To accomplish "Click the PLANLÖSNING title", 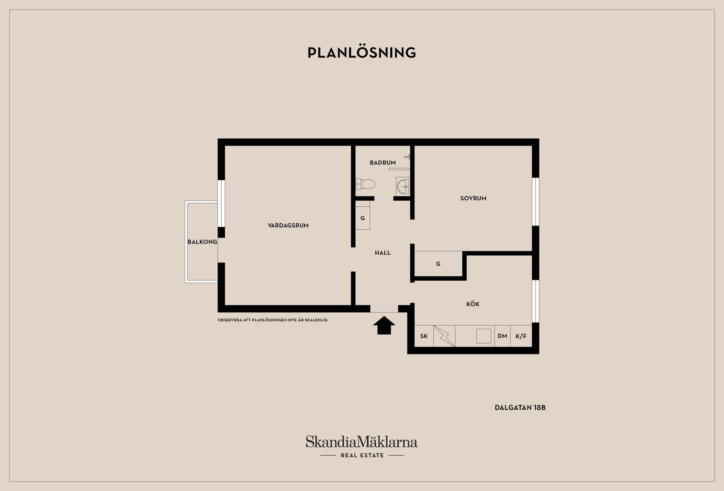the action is coord(362,53).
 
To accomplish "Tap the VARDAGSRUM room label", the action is coord(288,226).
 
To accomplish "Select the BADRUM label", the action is coord(383,163).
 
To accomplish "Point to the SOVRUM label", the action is coord(473,198).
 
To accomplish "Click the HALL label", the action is coord(383,253).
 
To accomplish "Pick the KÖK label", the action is coord(473,304).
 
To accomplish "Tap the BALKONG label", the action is coord(202,242).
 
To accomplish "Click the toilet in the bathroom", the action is coord(365,184).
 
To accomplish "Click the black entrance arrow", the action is coord(384,325).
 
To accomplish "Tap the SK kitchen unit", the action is coord(424,336).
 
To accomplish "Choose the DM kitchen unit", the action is coord(502,336).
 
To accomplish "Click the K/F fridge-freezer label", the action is coord(521,336).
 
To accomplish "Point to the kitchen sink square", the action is coord(484,336).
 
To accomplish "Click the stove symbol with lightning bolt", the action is coord(444,336).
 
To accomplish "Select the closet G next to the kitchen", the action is coord(438,264).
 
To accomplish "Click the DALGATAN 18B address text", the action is coord(520,408).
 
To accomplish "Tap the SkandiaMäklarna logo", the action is coord(362,447).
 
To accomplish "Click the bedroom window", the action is coord(535,202).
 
